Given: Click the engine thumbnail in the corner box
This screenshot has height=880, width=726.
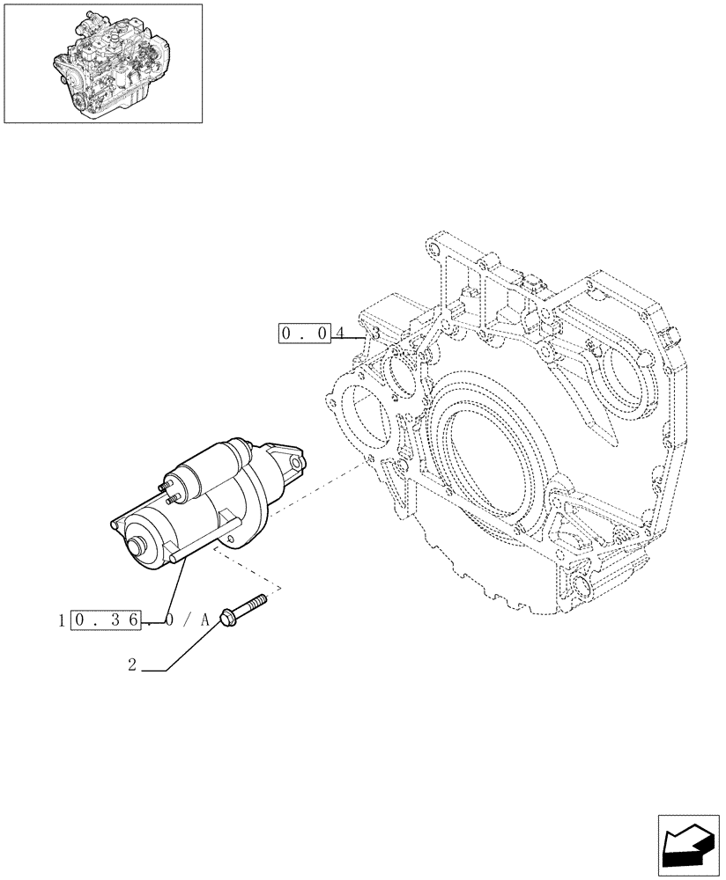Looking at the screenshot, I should (102, 62).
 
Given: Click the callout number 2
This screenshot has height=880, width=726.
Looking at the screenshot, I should (132, 666).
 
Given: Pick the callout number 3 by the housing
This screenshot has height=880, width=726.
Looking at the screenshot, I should (375, 334).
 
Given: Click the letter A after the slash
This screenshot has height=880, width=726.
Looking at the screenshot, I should (205, 620).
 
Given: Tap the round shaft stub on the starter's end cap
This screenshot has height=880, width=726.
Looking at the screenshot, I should (137, 546).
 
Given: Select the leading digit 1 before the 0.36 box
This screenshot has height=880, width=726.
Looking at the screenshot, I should (60, 620).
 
